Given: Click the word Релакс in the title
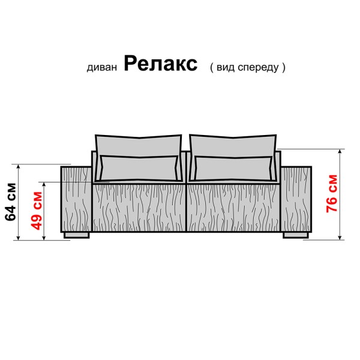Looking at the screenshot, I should [160, 65].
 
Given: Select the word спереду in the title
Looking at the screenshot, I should [259, 68].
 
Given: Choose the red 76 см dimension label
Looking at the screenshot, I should [331, 193].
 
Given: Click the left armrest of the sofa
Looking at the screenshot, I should [77, 199].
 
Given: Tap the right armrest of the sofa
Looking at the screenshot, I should [296, 199].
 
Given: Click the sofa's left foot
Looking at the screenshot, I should [76, 235].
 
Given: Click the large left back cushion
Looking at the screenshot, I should [138, 144].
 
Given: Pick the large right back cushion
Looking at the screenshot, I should [233, 144].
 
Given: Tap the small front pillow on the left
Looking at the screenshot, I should [140, 167].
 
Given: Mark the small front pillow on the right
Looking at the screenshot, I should [233, 167].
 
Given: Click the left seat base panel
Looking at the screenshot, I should [139, 207].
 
